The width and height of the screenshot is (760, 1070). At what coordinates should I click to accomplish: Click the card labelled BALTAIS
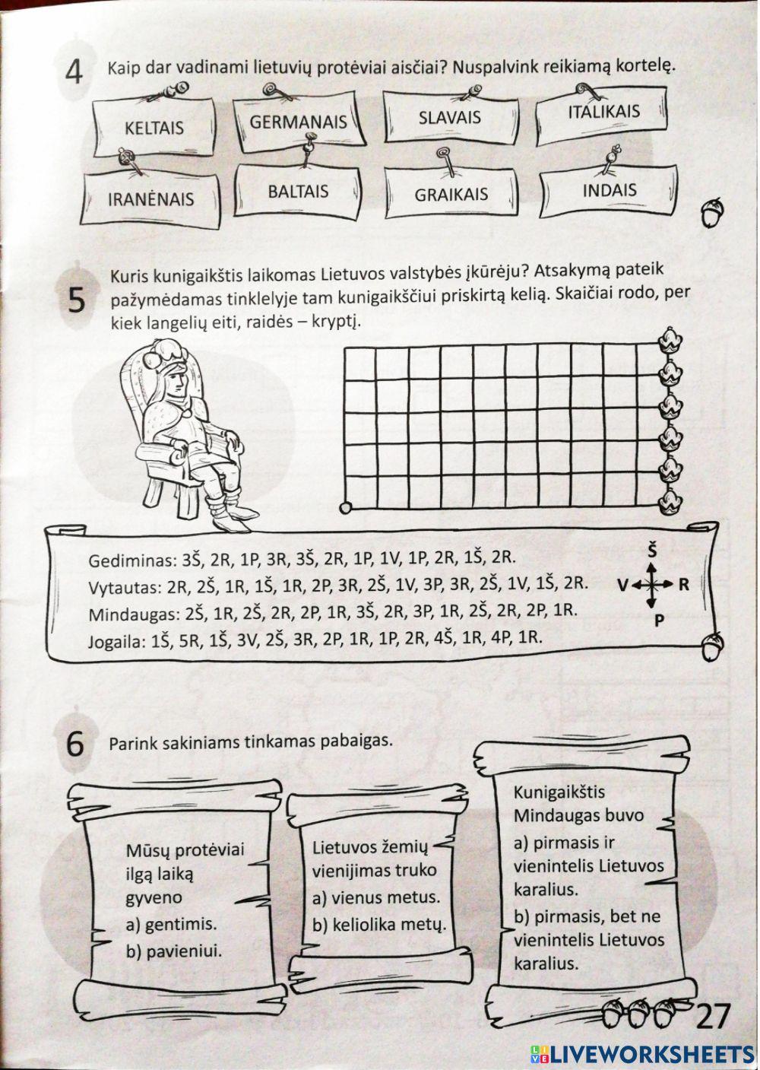click(x=298, y=191)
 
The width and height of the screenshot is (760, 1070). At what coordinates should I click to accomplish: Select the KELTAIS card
click(x=154, y=127)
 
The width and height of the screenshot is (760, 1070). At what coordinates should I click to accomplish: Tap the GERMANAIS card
click(x=298, y=122)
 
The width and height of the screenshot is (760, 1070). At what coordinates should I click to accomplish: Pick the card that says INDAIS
click(x=609, y=189)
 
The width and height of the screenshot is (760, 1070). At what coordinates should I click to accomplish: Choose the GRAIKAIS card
click(x=451, y=195)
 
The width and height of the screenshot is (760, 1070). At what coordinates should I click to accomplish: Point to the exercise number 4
click(x=74, y=74)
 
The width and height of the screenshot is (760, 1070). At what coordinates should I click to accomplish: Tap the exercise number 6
click(x=74, y=744)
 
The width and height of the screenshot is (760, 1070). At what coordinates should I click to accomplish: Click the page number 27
click(x=712, y=1017)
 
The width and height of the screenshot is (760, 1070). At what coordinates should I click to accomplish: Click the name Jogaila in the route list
click(x=116, y=640)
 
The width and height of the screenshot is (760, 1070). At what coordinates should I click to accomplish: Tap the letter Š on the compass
click(x=651, y=549)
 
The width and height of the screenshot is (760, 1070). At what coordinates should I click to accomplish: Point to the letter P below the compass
click(x=658, y=619)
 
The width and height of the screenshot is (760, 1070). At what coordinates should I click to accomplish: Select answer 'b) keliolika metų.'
click(x=378, y=925)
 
